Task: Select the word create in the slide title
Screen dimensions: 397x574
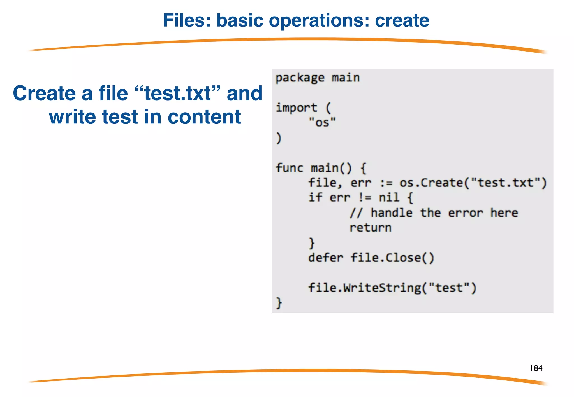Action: [402, 20]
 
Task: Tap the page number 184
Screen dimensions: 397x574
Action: [536, 368]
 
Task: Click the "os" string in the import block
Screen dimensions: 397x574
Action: [322, 123]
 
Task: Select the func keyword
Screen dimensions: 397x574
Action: [289, 168]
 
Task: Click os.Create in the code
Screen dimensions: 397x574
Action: [431, 183]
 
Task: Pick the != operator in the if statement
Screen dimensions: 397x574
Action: [365, 198]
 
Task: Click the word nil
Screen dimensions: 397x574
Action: [389, 197]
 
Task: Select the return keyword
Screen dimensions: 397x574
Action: [370, 228]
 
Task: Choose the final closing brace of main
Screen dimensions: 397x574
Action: [279, 303]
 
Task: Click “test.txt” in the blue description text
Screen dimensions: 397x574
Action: [177, 93]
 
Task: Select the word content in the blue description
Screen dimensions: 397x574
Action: [204, 117]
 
